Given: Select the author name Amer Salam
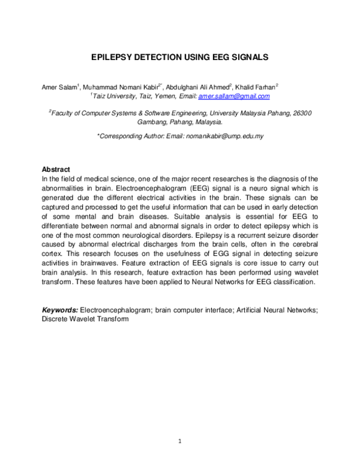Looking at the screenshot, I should pos(58,87).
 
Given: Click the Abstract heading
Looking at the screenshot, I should pos(56,169).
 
